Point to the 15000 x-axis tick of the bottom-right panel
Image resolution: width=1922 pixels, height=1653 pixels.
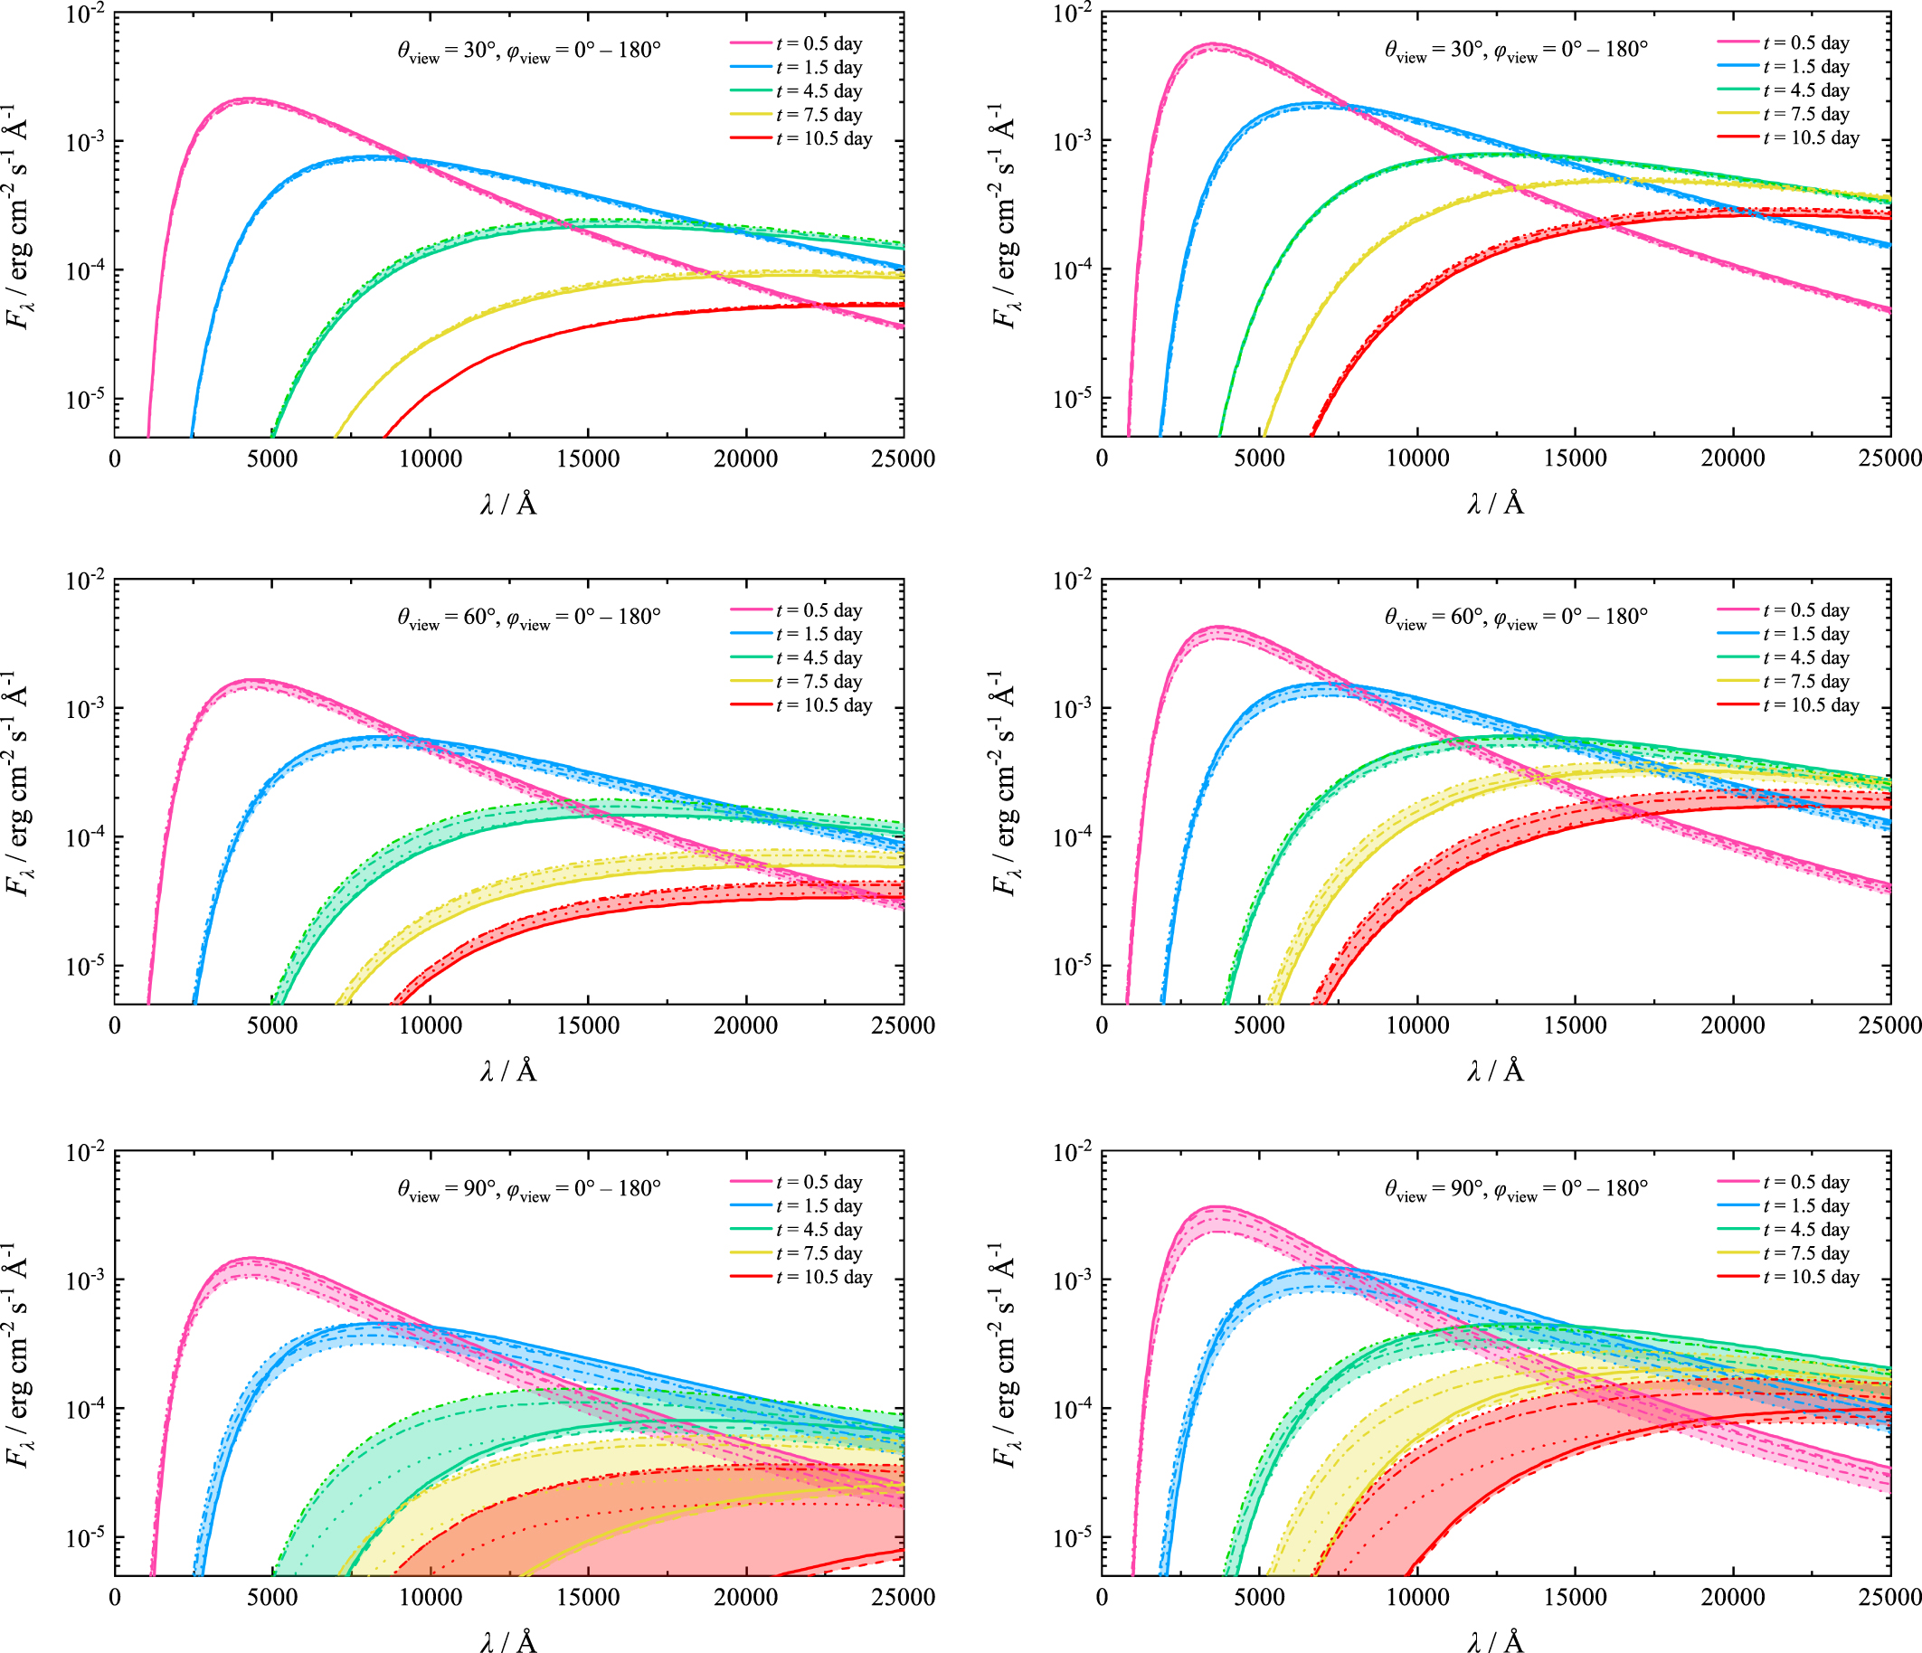click(1575, 1596)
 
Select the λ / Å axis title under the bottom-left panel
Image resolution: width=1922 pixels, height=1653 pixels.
click(508, 1641)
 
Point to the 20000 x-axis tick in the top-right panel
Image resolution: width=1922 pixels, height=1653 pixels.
click(1733, 458)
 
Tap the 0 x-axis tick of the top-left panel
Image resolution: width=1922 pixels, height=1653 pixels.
click(115, 458)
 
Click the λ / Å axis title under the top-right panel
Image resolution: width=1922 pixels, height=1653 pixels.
click(1495, 504)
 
